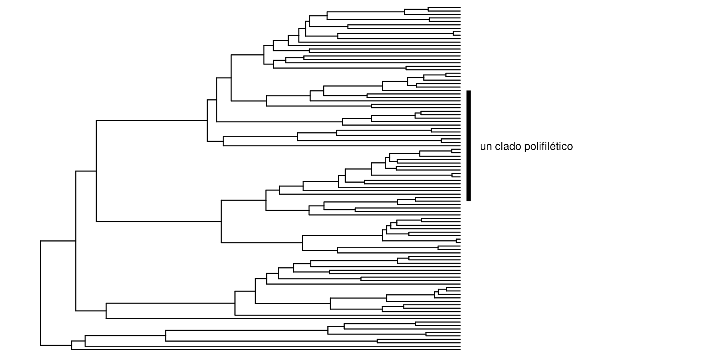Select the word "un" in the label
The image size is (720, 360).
(486, 147)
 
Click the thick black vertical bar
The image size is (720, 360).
(468, 145)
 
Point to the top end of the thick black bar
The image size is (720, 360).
(468, 91)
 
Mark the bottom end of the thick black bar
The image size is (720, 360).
(468, 200)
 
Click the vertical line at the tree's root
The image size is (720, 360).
(40, 292)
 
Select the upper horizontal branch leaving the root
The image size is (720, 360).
(58, 241)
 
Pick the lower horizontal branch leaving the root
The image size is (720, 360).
(56, 345)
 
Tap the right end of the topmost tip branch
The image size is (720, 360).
(460, 7)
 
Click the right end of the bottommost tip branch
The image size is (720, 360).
(460, 350)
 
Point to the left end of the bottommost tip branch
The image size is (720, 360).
(72, 350)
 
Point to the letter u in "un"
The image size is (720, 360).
(483, 147)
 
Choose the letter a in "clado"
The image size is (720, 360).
(506, 147)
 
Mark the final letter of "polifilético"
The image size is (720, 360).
(570, 147)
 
